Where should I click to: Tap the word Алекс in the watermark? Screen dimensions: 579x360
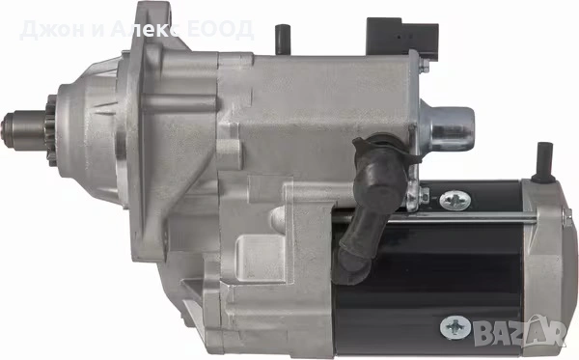point(146,30)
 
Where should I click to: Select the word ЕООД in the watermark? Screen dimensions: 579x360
point(220,30)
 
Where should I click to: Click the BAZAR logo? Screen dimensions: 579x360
point(521,330)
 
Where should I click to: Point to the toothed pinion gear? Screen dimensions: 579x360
point(51,130)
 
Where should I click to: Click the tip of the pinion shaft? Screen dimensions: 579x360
point(7,129)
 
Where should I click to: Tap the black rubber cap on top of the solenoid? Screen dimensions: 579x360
point(283,39)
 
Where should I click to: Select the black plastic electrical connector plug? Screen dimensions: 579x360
point(402,37)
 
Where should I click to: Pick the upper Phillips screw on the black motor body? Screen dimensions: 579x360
point(455,200)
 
